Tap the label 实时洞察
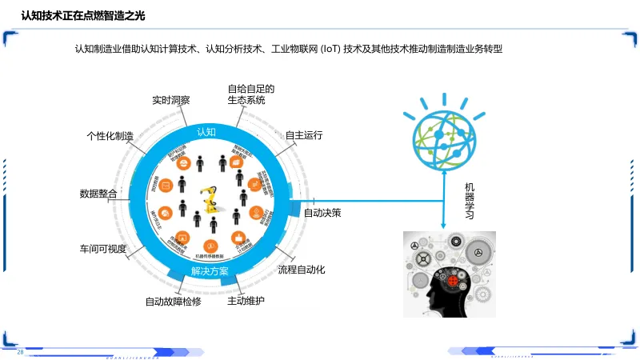pos(171,101)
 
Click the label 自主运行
pos(304,135)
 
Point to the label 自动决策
pos(322,213)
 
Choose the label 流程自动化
pos(302,270)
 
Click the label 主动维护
pos(246,301)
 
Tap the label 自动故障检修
pos(173,302)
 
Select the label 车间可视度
pos(102,248)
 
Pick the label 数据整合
pos(98,194)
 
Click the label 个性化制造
pos(110,136)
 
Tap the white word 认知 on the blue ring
pos(206,131)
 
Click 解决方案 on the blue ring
pos(210,271)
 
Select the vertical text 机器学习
pos(470,201)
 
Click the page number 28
pos(21,352)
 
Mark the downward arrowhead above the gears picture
pos(443,226)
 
